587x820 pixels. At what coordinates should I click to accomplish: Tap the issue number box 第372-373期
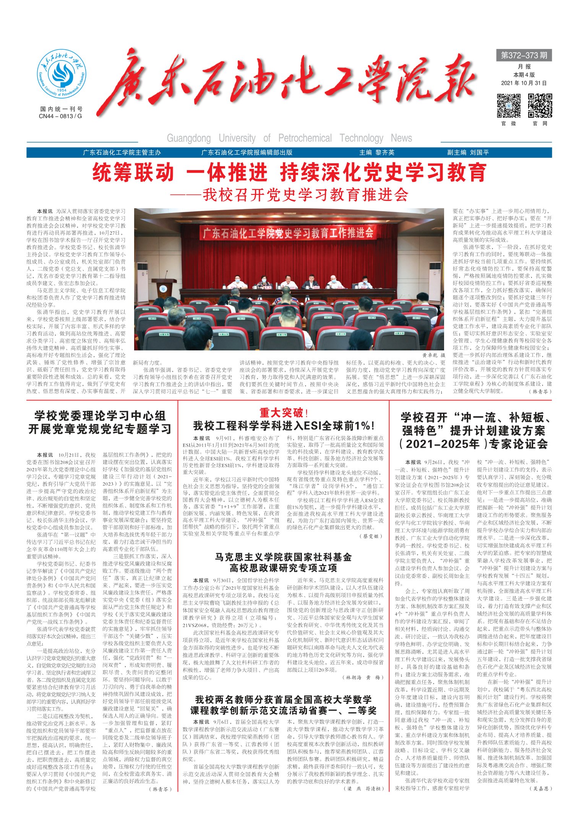coord(524,55)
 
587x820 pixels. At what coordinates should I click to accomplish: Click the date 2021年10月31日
coord(524,83)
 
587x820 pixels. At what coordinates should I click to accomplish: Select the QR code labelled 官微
coord(509,106)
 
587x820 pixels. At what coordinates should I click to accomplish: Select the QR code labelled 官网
coord(540,106)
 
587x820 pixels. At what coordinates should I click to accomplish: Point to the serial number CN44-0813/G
coord(60,116)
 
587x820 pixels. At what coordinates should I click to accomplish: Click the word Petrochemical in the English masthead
coord(305,138)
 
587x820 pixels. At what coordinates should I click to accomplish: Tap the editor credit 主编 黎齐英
coord(376,152)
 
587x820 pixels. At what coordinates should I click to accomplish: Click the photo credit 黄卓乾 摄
coord(433,355)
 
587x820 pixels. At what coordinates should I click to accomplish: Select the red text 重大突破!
coord(284,413)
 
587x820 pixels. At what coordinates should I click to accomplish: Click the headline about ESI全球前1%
coord(284,426)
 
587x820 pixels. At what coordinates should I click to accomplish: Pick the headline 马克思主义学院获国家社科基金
coord(283,562)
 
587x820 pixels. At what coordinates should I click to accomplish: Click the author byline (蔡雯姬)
coord(371,536)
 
